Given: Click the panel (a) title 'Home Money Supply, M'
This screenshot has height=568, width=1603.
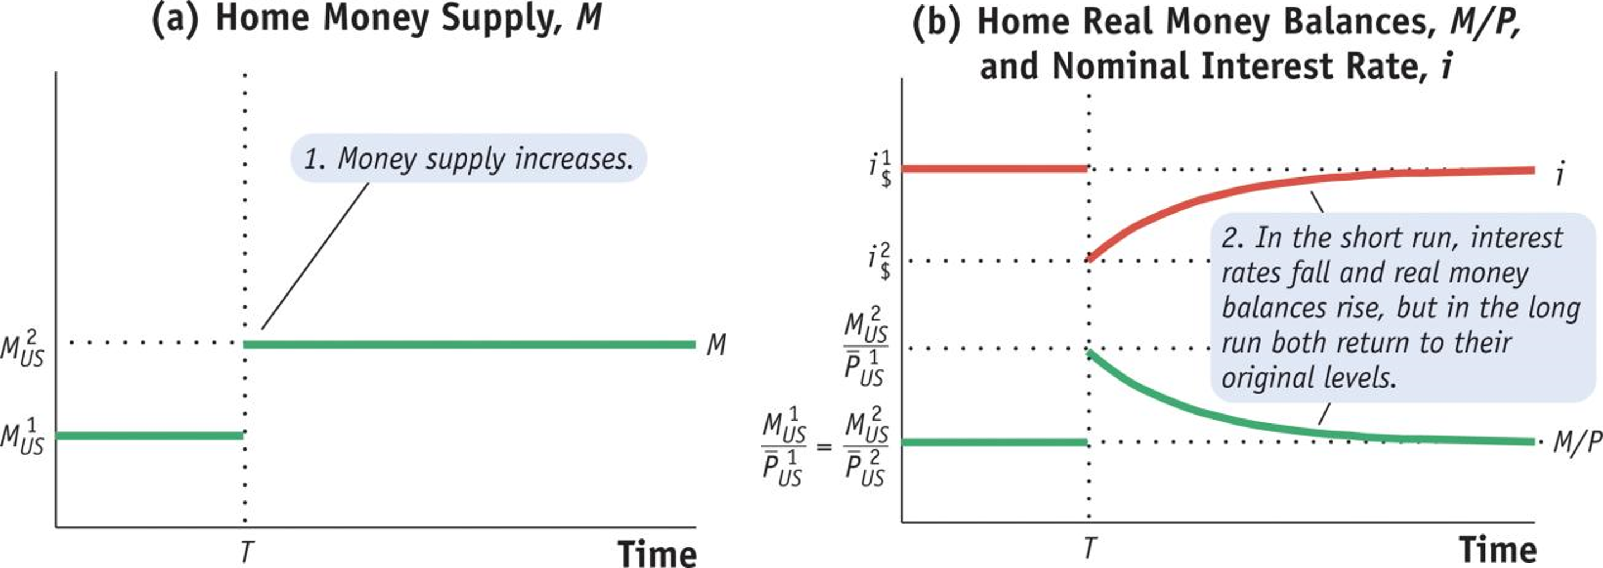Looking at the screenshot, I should [377, 18].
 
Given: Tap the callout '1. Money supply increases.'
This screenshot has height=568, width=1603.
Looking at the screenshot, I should [468, 158].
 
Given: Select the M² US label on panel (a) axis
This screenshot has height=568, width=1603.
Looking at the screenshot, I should [22, 349].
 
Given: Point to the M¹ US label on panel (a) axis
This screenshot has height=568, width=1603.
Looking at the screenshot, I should [22, 437].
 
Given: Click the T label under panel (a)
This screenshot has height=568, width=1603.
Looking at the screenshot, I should [246, 551].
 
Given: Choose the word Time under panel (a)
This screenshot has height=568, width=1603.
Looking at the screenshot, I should [657, 552].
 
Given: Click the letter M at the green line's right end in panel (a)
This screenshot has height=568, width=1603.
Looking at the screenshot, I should [716, 345].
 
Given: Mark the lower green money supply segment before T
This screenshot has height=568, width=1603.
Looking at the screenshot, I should [149, 436].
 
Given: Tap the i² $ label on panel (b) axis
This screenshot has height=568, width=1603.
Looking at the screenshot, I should [880, 261].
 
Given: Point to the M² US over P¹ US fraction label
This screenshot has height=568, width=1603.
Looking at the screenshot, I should [865, 347].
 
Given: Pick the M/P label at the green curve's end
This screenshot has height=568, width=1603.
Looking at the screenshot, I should [1576, 442].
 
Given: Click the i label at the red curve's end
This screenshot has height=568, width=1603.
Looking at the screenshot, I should [1559, 174].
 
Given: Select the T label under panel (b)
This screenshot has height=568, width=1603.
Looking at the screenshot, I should [1089, 547].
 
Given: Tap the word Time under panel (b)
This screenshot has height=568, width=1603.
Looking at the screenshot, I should [1498, 550].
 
